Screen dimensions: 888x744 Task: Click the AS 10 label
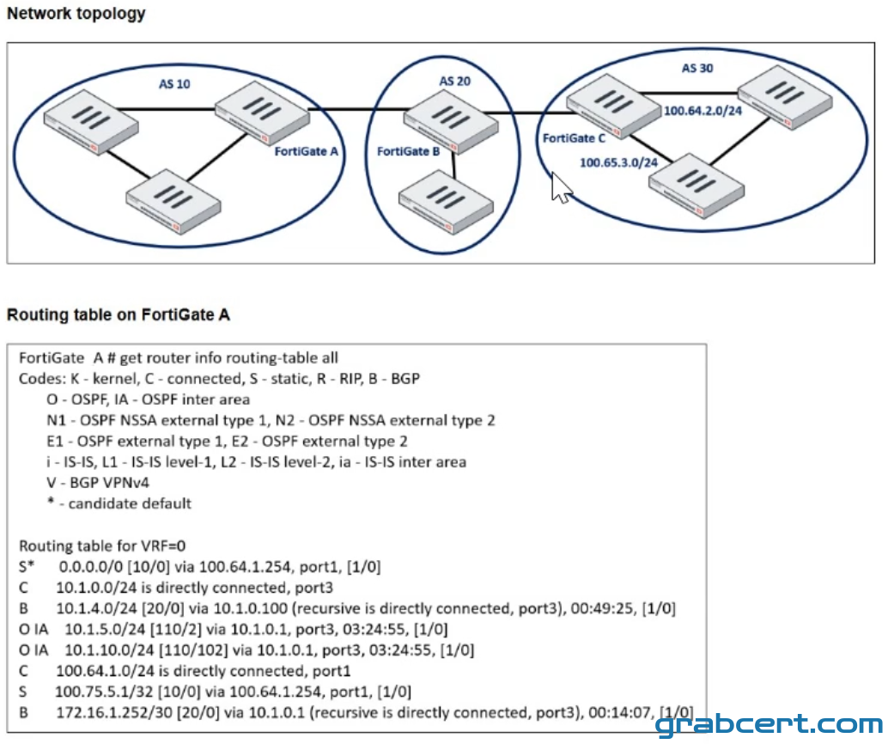point(174,84)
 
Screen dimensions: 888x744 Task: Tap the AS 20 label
point(455,81)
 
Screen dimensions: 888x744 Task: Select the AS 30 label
point(697,68)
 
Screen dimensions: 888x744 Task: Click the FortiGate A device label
point(306,151)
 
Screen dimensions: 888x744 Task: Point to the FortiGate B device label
point(408,151)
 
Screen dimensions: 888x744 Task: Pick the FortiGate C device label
point(574,138)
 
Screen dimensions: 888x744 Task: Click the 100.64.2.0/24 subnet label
point(702,111)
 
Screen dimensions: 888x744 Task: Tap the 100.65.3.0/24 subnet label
point(618,162)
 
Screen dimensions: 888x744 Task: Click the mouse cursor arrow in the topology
point(561,188)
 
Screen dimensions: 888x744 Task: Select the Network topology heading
point(76,13)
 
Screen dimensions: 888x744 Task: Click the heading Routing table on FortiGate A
point(119,314)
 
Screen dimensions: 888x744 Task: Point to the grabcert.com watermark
point(769,724)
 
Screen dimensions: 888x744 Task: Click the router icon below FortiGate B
point(446,203)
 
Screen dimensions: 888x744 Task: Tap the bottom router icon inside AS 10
point(173,201)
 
